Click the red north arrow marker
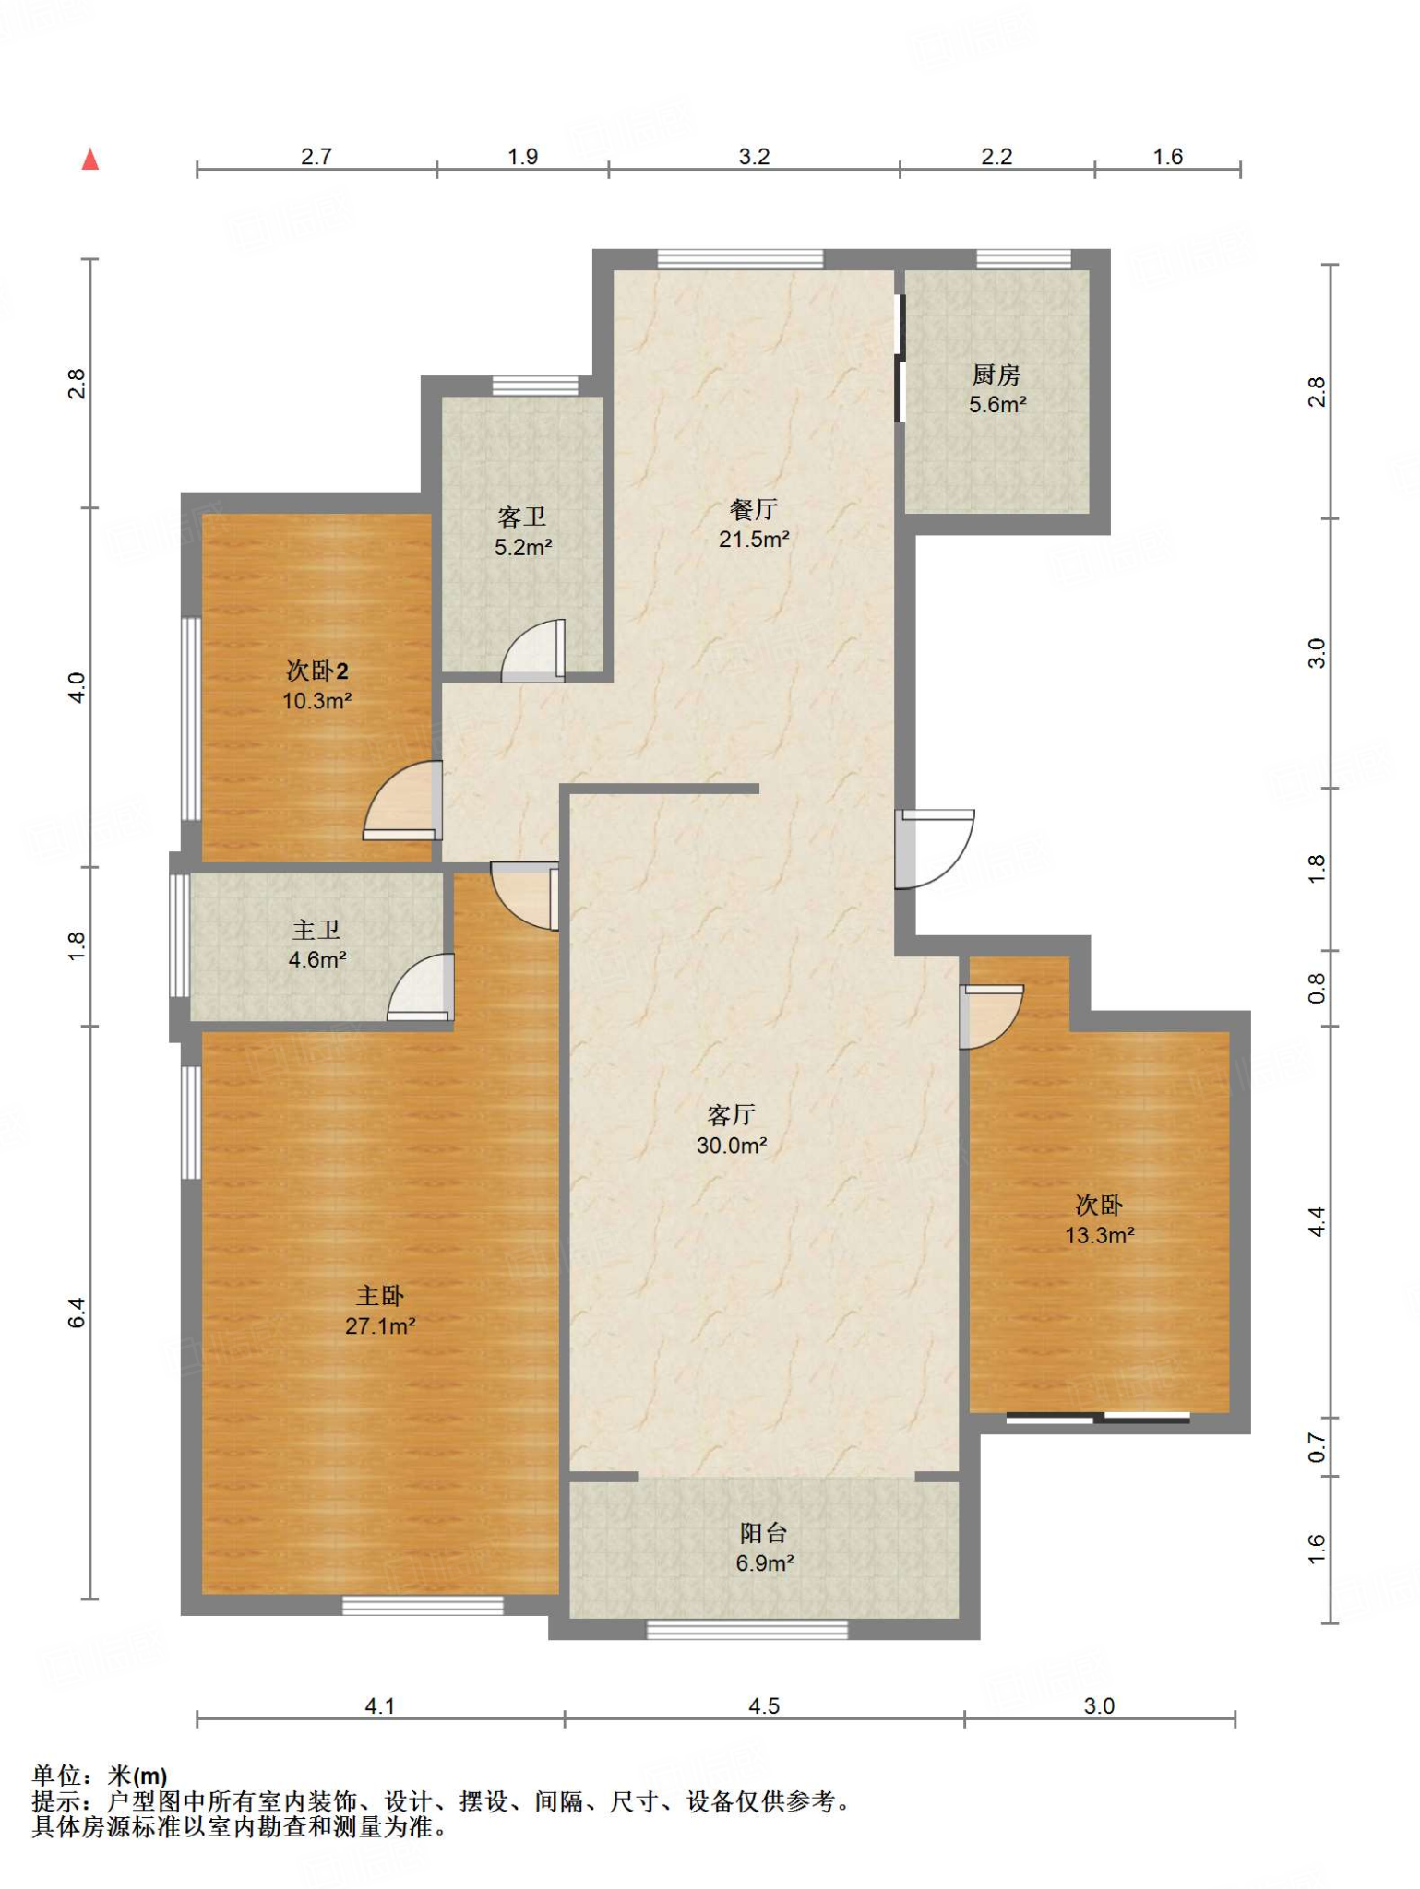point(90,160)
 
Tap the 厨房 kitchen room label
point(996,375)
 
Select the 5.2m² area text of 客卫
point(523,547)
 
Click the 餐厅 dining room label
point(754,509)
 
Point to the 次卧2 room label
point(316,671)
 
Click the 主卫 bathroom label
point(316,930)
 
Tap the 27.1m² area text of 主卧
point(380,1326)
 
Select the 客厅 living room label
point(732,1115)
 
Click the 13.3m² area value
point(1100,1235)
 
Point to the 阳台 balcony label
point(764,1533)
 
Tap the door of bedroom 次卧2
point(403,801)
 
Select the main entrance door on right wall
point(935,849)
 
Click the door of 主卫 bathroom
point(421,988)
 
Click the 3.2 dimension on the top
point(754,157)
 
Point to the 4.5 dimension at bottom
point(764,1706)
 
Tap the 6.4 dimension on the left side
point(78,1313)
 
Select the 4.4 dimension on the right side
point(1317,1222)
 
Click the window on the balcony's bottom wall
point(747,1630)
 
